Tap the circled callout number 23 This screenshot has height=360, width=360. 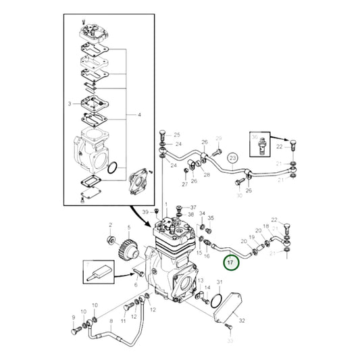tap(233, 159)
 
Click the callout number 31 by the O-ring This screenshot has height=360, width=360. tap(218, 281)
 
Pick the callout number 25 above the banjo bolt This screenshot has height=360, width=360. tap(178, 135)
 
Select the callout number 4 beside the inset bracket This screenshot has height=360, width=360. tap(140, 115)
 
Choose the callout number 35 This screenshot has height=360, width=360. tap(210, 218)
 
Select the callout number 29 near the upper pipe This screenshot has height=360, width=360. tap(218, 138)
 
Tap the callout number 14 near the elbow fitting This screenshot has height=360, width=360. tap(207, 288)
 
